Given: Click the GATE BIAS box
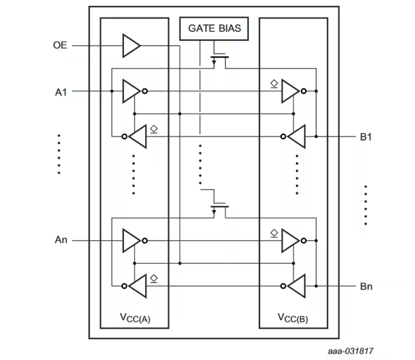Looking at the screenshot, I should click(x=214, y=28).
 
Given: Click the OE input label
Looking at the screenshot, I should click(x=59, y=46).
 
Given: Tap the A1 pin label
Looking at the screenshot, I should click(x=61, y=91).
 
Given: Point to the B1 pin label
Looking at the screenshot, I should click(x=366, y=137).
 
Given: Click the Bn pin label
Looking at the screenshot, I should click(x=366, y=286).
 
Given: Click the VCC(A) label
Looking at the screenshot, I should click(x=135, y=317).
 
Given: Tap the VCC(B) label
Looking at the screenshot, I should click(x=293, y=317).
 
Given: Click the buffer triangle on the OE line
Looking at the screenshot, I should click(x=131, y=46).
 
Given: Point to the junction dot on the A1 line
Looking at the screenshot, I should click(x=112, y=91).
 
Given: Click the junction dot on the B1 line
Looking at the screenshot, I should click(x=317, y=137).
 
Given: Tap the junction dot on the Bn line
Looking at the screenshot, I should click(x=317, y=286).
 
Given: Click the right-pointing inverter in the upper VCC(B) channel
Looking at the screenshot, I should click(x=290, y=91).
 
